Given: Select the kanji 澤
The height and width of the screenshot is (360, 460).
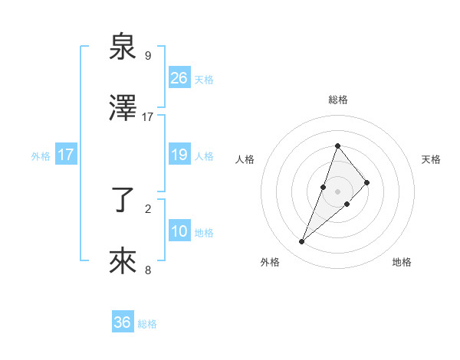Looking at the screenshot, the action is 123,110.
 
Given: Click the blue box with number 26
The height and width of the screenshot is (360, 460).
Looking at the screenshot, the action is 179,78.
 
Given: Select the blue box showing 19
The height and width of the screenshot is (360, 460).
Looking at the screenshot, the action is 179,155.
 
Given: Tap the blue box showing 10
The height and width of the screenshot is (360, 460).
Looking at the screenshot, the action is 179,232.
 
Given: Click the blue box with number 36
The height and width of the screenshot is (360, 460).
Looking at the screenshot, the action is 123,322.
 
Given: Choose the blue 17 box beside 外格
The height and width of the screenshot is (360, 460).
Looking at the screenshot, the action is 66,155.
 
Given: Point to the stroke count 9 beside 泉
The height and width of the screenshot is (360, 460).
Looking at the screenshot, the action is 147,56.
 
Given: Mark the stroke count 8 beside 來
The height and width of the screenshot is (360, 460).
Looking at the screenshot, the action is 147,270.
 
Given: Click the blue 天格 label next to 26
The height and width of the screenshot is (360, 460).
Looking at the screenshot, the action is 204,79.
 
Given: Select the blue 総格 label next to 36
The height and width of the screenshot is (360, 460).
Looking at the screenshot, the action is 147,324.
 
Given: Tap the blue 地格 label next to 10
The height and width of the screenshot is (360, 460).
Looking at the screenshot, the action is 204,233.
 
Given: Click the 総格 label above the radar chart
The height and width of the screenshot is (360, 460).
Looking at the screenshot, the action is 337,100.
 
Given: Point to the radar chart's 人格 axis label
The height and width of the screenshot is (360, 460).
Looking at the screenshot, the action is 245,159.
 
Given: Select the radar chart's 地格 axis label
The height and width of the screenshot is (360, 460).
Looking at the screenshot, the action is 402,263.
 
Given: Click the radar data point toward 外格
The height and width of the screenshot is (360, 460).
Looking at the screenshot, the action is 301,242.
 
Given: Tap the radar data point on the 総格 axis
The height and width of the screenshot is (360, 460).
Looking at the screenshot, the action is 337,146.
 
